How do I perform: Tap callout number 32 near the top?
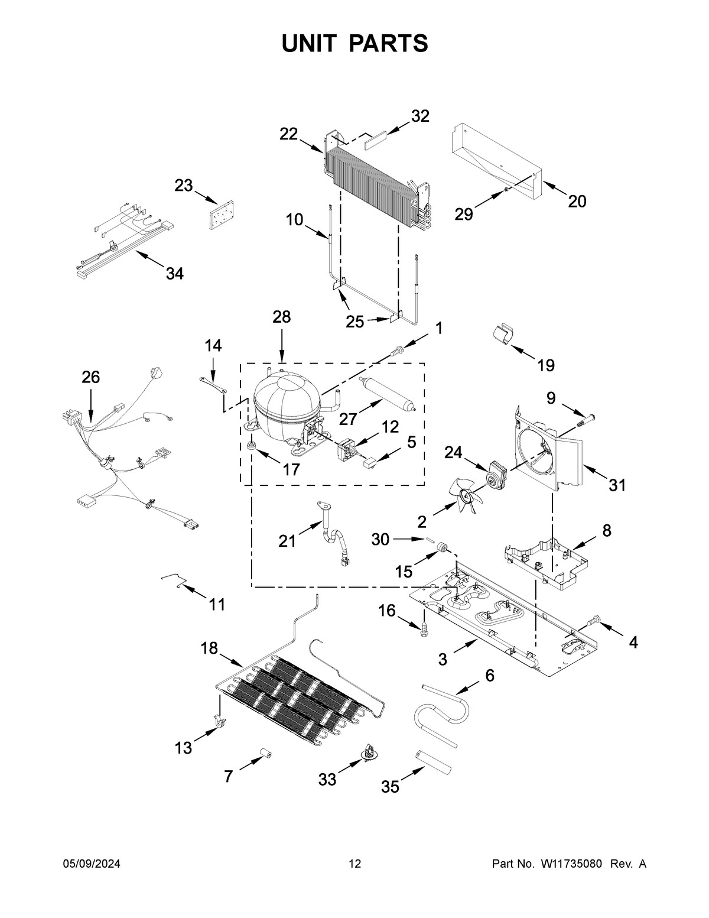coord(420,116)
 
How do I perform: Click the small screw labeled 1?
coord(398,351)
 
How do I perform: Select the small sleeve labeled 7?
coord(264,755)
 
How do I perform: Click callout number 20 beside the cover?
coord(577,202)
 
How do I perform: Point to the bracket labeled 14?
coord(213,384)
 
